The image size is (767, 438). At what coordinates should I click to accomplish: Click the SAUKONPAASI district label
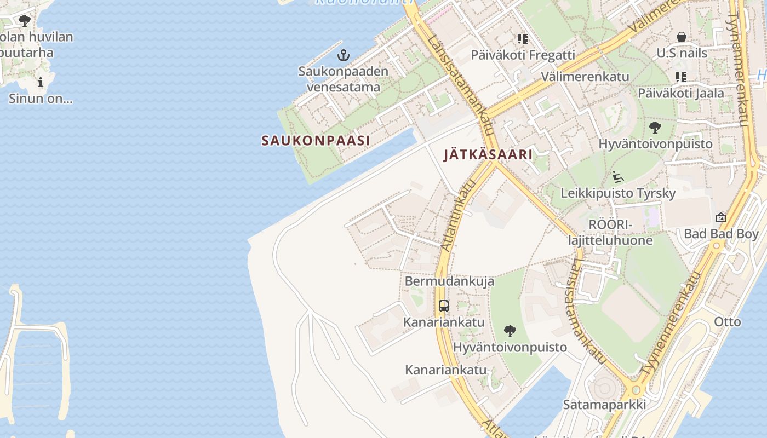click(316, 141)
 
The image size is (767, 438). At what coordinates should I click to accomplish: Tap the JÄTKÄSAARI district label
click(488, 155)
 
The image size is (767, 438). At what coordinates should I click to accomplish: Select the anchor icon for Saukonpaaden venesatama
click(344, 55)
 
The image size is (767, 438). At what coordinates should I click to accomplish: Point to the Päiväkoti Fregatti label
click(523, 55)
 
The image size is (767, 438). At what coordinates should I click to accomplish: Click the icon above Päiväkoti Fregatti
click(523, 39)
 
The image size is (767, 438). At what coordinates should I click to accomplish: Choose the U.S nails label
click(682, 54)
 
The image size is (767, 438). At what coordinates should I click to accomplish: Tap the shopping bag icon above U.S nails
click(682, 37)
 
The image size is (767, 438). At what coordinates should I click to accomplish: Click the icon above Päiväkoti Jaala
click(680, 77)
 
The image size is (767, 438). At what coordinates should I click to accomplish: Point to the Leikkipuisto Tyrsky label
click(618, 193)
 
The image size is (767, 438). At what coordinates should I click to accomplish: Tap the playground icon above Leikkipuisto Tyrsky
click(618, 177)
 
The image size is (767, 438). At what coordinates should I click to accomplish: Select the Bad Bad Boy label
click(721, 234)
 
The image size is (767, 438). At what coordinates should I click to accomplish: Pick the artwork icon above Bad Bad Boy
click(721, 217)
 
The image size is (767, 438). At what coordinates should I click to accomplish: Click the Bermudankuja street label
click(449, 281)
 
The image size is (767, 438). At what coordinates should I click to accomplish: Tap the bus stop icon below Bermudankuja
click(444, 306)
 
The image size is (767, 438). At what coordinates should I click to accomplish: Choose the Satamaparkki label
click(604, 405)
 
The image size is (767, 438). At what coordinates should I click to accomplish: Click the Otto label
click(728, 321)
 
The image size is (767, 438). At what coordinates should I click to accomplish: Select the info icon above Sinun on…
click(41, 83)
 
